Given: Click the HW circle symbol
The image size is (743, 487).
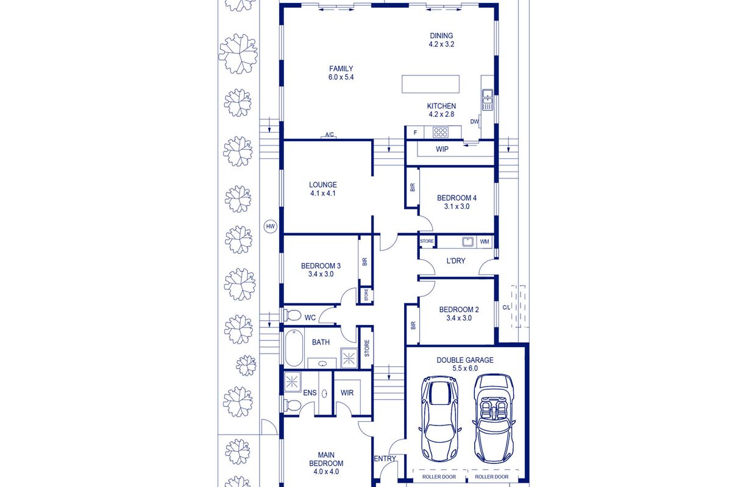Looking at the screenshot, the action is (271, 226).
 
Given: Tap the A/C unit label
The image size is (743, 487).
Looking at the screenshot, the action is (329, 135).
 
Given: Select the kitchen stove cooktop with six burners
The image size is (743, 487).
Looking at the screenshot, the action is (441, 132).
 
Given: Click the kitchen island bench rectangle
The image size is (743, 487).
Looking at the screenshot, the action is (430, 84).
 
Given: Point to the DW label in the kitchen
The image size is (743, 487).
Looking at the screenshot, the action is (475, 122).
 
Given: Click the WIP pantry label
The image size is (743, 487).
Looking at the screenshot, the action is (442, 149).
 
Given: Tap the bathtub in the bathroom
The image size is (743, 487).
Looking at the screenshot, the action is (294, 348).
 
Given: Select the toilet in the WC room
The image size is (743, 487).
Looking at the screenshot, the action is (293, 315).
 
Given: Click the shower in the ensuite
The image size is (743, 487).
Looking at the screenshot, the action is (292, 382).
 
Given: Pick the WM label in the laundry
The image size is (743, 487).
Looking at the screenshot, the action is (485, 242).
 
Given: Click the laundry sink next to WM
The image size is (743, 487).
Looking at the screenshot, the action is (468, 242).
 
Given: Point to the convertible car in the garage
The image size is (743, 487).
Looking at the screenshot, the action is (493, 418).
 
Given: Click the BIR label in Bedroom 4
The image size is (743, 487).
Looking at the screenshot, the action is (413, 187).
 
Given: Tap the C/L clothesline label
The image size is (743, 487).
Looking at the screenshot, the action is (506, 307).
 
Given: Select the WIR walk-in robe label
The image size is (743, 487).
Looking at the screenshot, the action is (347, 393).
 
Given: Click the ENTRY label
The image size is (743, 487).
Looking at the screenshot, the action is (385, 458).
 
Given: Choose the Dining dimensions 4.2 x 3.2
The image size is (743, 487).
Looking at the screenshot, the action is (441, 44).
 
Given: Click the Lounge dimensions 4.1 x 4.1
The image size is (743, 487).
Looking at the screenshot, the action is (323, 194).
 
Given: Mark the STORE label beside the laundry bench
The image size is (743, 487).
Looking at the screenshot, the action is (427, 241).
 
